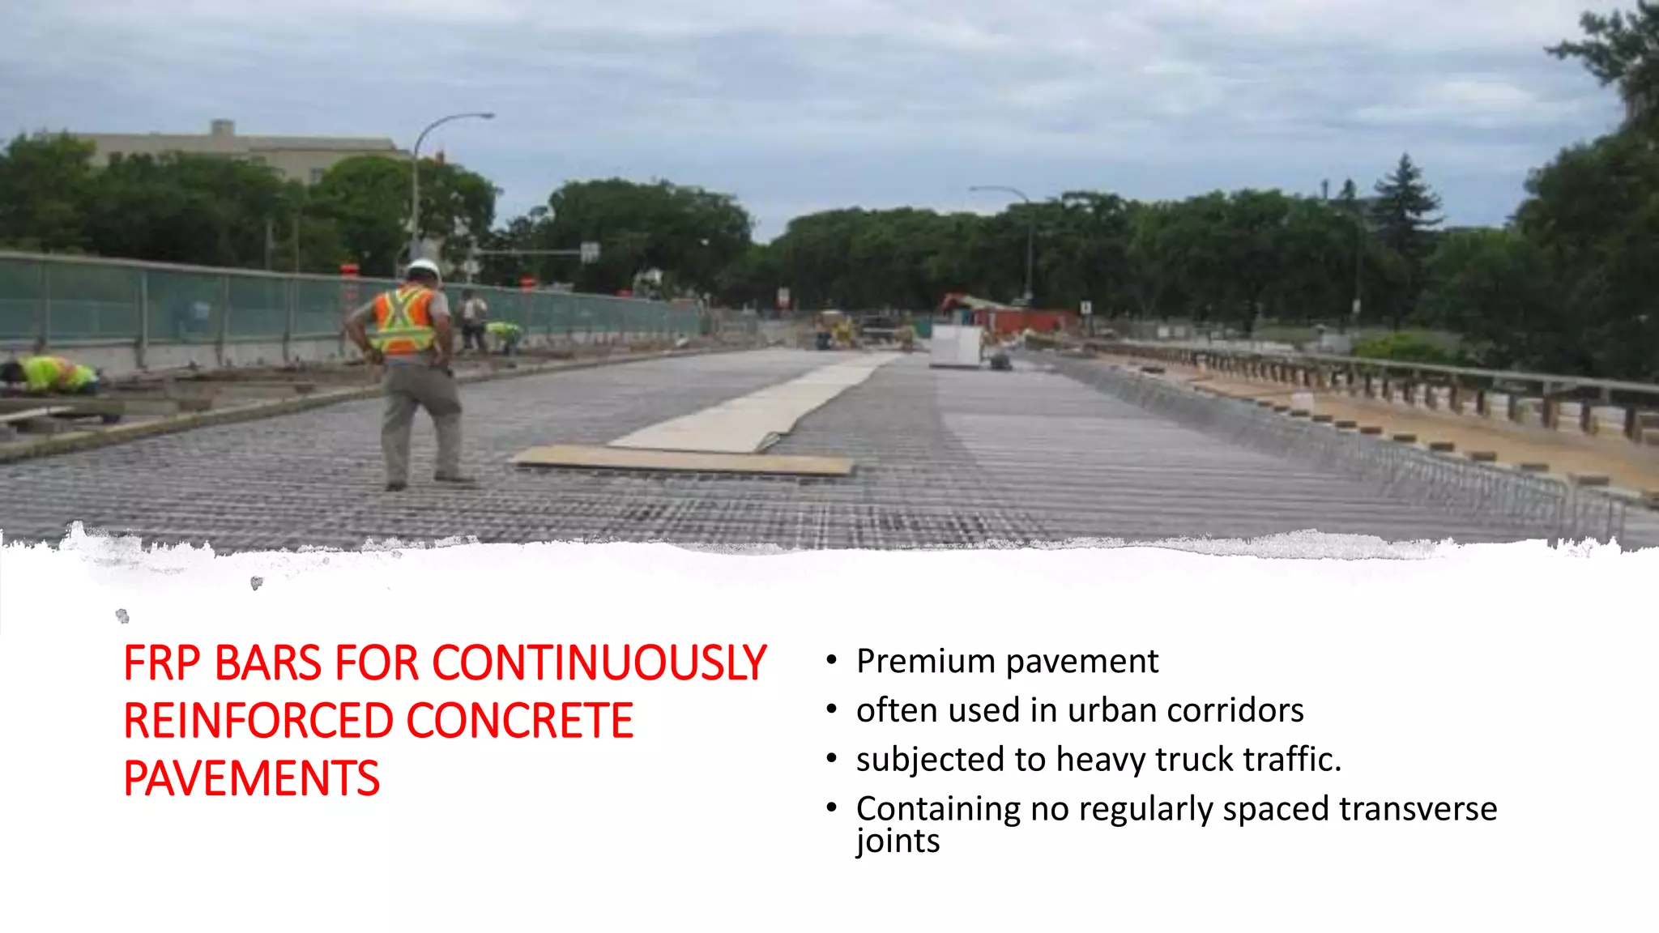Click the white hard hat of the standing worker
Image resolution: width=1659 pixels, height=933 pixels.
pyautogui.click(x=422, y=269)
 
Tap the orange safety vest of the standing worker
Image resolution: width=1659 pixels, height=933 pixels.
pyautogui.click(x=403, y=321)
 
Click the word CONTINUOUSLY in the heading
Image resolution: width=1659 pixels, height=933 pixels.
pyautogui.click(x=599, y=664)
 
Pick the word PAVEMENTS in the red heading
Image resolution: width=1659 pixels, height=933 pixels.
pyautogui.click(x=251, y=779)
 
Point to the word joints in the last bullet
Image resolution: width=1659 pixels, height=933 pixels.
pyautogui.click(x=898, y=841)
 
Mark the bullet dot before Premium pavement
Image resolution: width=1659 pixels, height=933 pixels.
pyautogui.click(x=831, y=660)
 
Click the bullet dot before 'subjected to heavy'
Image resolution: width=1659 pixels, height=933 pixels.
pyautogui.click(x=831, y=758)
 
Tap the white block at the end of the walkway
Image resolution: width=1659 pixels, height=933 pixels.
pyautogui.click(x=956, y=345)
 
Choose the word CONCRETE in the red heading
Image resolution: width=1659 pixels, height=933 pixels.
pyautogui.click(x=519, y=722)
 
